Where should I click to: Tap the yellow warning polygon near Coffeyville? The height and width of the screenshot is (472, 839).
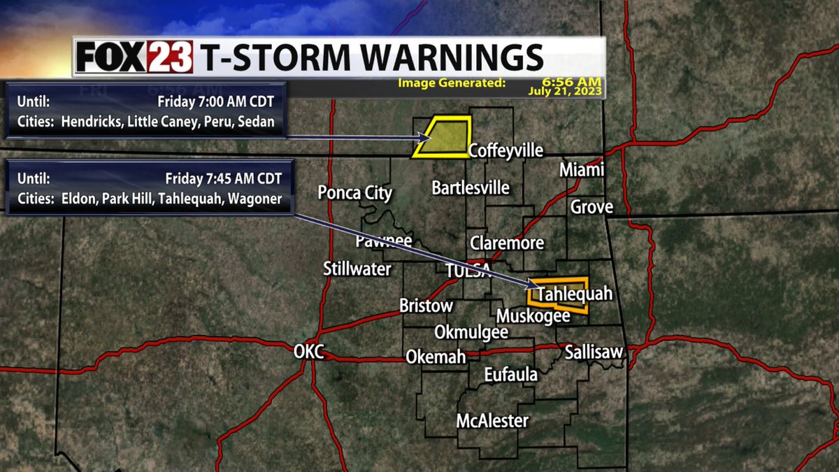coord(443,137)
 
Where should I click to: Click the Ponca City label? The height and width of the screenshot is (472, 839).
coord(355,193)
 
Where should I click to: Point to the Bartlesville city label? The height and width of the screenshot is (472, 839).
coord(471,188)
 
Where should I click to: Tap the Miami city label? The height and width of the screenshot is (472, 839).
coord(582,171)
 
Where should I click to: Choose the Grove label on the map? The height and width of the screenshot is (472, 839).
coord(591,207)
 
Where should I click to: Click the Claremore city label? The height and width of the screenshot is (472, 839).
coord(507,243)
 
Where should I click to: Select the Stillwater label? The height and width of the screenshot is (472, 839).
coord(357,269)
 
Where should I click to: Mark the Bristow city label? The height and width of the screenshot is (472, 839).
coord(426,306)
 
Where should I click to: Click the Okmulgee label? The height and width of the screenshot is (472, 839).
coord(471,332)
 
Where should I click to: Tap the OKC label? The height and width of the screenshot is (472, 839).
coord(308,352)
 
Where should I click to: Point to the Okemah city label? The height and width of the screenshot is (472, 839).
coord(436,357)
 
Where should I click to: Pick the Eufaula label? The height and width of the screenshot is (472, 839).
coord(511,376)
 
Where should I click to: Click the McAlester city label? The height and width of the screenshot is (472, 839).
coord(492,421)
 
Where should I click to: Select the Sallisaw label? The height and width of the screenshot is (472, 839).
coord(593,352)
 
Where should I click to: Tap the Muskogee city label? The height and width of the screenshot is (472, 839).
coord(533,315)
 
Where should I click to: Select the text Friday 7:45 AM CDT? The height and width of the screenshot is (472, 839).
coord(224,178)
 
